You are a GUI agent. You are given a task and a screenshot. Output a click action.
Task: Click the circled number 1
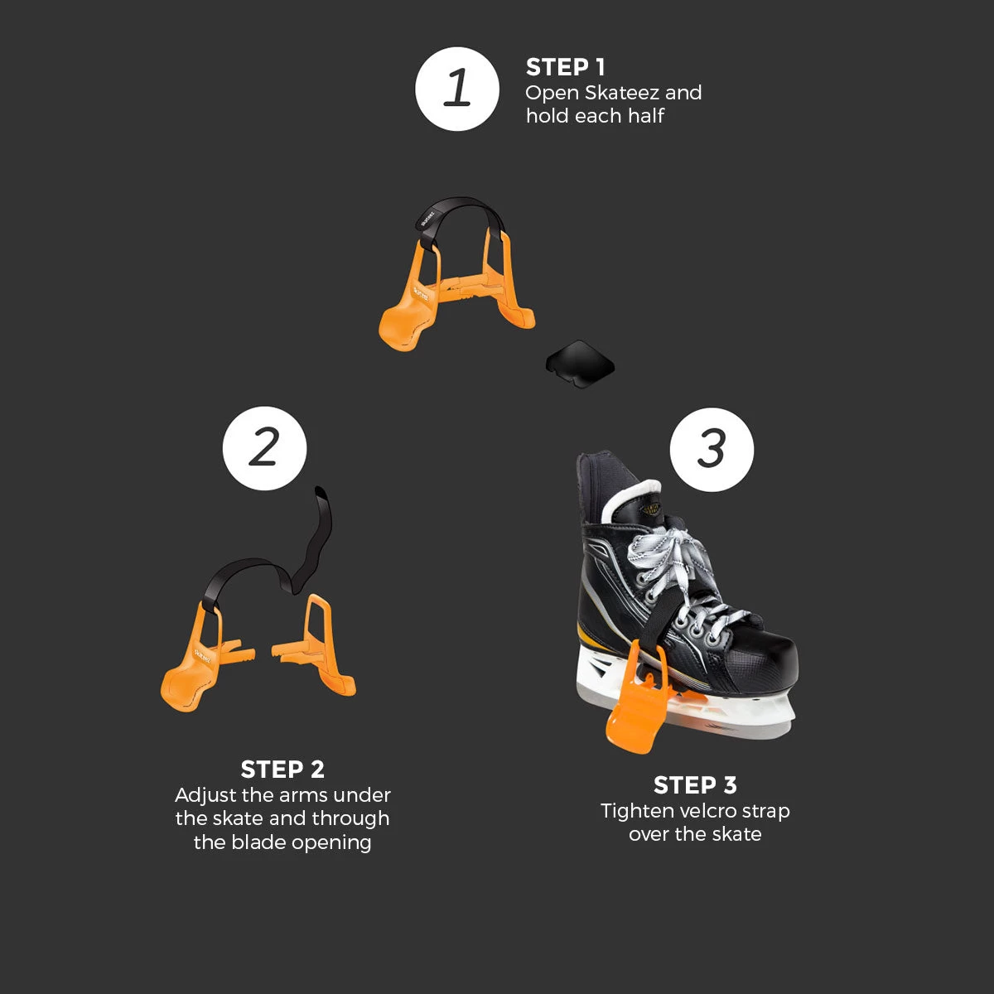457,89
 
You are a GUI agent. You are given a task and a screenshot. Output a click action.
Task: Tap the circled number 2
264,448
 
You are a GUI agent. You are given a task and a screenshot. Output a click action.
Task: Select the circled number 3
712,449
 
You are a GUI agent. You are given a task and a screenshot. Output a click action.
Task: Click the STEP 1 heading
566,67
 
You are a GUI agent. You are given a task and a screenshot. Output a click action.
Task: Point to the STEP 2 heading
282,770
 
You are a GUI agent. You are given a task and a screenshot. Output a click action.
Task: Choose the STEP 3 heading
695,785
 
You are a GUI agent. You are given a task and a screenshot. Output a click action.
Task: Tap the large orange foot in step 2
186,687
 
